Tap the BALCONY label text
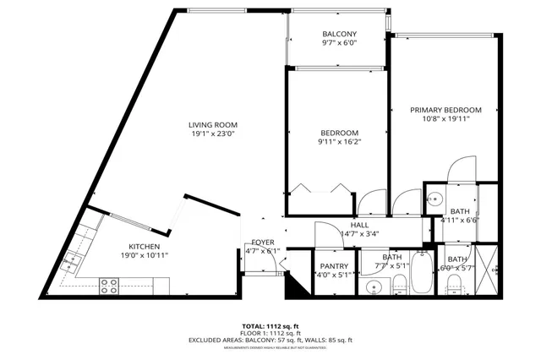click(x=339, y=34)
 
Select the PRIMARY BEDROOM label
click(x=445, y=110)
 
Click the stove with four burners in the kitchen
click(x=109, y=286)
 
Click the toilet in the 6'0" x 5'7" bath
click(x=454, y=283)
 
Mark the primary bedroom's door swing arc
click(x=463, y=169)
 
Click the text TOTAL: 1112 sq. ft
click(x=270, y=325)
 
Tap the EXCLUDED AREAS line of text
click(x=270, y=341)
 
